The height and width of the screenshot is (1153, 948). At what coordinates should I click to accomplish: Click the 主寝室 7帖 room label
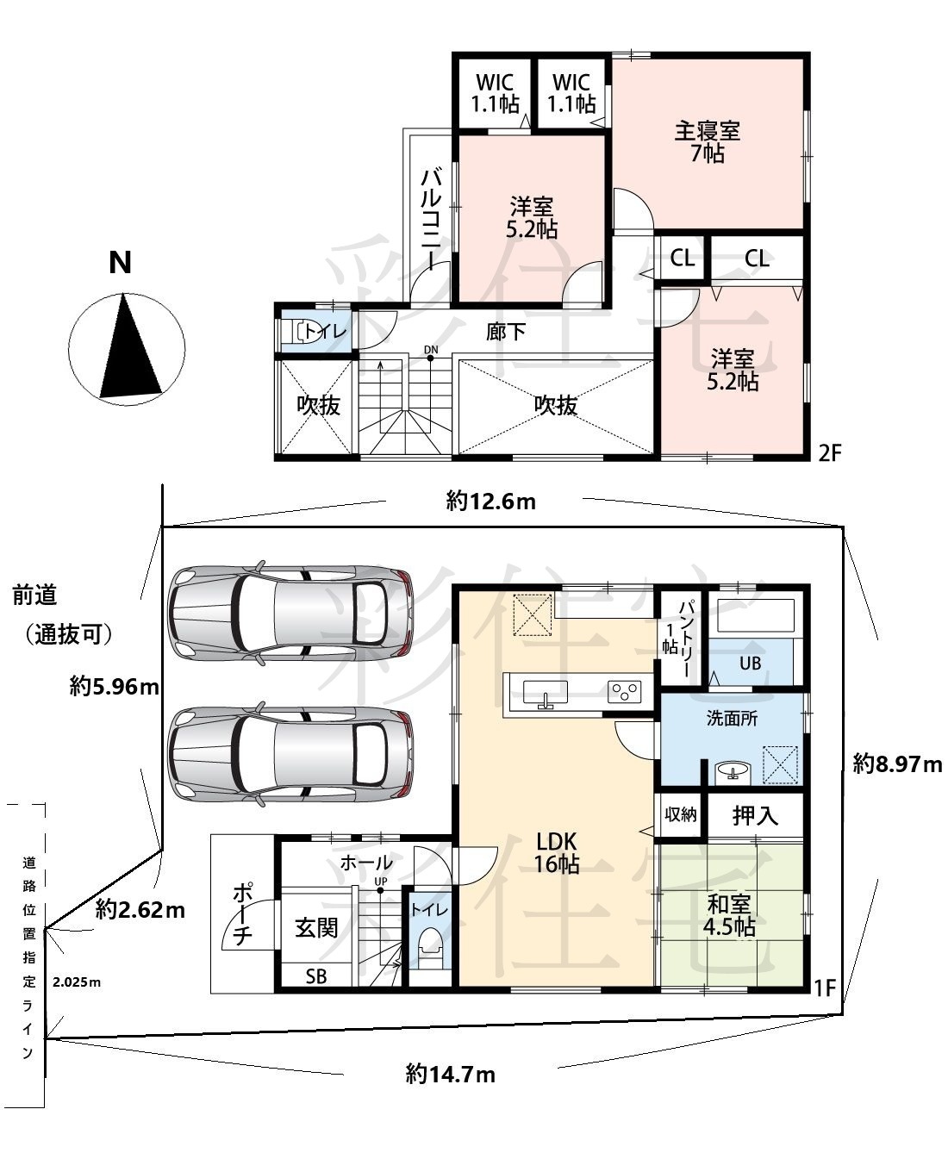707,143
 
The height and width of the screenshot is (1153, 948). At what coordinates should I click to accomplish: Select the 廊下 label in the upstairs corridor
506,332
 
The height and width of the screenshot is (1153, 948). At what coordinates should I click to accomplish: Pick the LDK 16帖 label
557,852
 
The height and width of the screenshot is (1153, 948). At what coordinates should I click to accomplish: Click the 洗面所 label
732,719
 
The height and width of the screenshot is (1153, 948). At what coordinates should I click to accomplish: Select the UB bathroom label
750,664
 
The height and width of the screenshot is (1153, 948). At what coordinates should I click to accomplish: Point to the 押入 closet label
755,816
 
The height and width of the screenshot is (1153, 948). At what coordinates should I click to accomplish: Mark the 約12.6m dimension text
490,501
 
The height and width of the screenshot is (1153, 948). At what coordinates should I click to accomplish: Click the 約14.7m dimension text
450,1075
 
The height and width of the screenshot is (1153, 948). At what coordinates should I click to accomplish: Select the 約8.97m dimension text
897,763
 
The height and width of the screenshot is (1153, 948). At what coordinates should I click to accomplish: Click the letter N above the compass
121,263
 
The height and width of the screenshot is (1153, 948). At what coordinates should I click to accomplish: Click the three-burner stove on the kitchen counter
624,692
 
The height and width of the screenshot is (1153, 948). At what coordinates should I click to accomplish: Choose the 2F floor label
829,453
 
